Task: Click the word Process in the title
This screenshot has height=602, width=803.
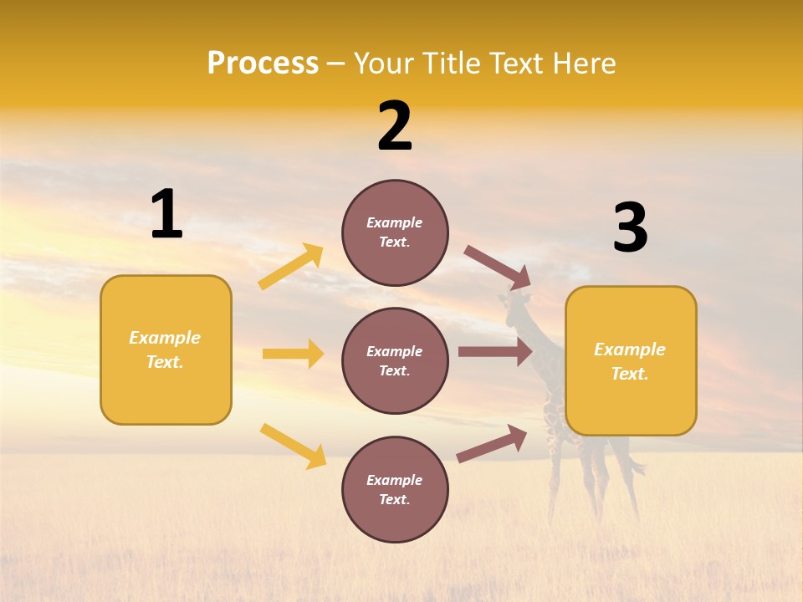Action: point(263,64)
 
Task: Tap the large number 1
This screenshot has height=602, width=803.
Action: point(166,214)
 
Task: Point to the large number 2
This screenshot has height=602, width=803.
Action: point(395,127)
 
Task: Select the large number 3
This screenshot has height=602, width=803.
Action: point(631,228)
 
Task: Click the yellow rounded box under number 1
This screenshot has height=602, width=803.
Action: point(166,349)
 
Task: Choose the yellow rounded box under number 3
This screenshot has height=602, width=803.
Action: point(631,361)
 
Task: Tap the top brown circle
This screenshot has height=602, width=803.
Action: point(395,232)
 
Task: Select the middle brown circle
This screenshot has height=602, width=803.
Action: point(395,360)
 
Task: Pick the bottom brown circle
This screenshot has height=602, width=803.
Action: point(395,489)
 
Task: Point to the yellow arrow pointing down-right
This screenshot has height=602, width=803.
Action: point(293,446)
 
